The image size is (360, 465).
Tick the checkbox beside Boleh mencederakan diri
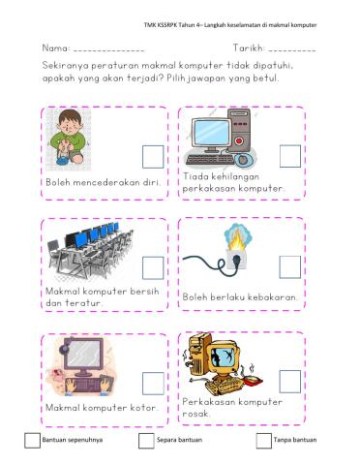(x=153, y=157)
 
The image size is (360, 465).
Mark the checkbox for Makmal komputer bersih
(x=153, y=268)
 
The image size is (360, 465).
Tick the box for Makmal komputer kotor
(x=153, y=383)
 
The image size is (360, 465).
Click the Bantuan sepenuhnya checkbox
(x=33, y=442)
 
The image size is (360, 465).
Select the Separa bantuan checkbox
(x=147, y=442)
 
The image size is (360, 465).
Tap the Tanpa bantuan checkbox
(x=264, y=442)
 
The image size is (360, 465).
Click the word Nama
(x=54, y=46)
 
